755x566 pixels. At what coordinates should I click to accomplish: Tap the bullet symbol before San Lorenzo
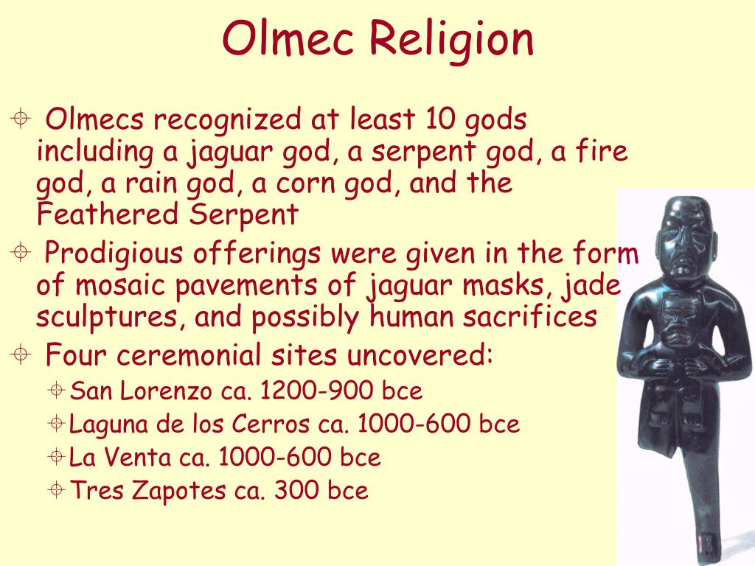coord(58,391)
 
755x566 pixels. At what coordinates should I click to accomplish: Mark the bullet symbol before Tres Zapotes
coord(58,489)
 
